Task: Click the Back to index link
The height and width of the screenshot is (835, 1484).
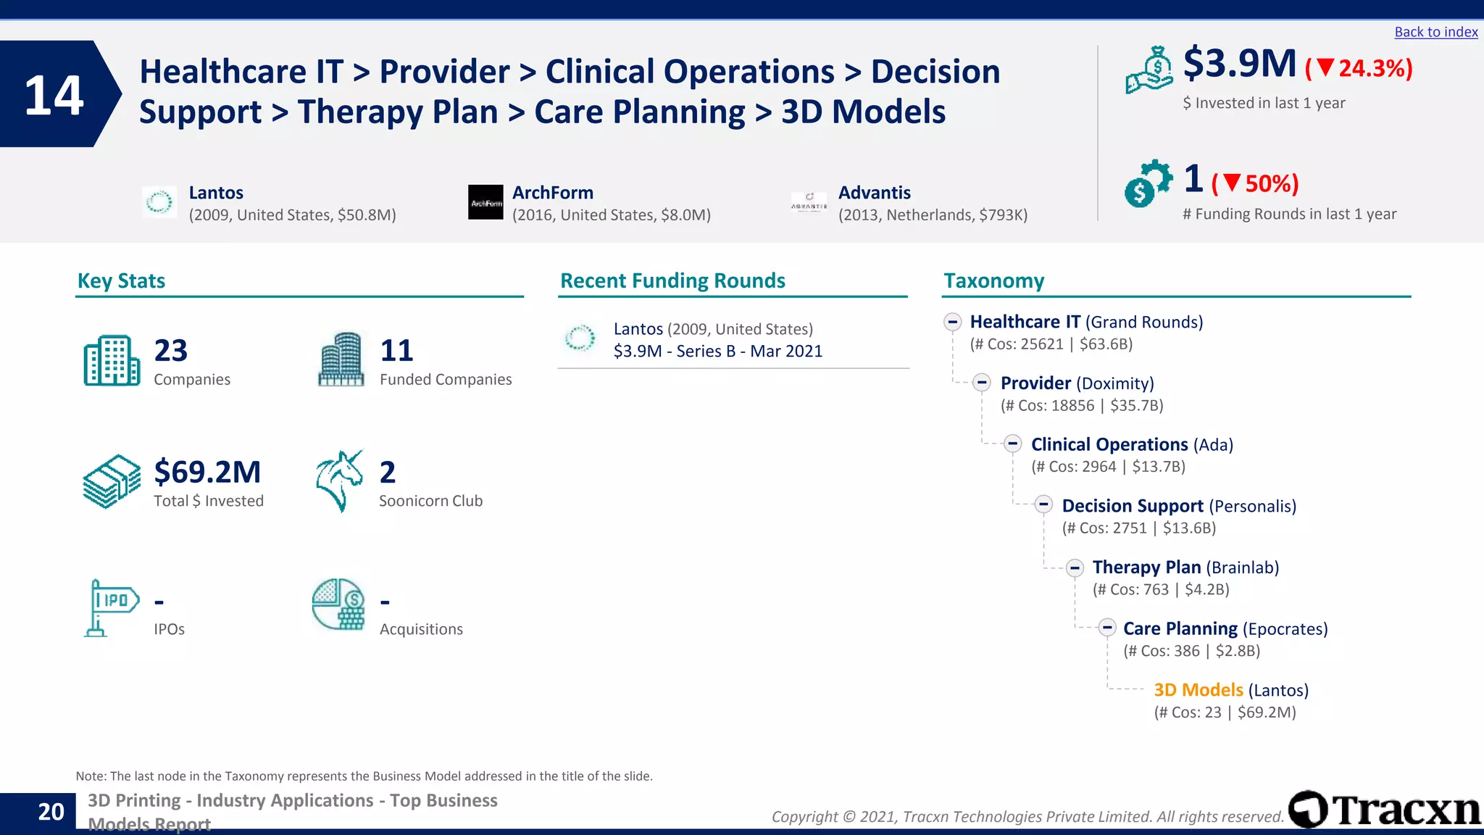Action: pos(1435,32)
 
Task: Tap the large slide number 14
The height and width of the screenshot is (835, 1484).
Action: pos(54,95)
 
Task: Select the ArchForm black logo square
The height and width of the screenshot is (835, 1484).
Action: pos(485,202)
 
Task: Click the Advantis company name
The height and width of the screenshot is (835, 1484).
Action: pos(874,193)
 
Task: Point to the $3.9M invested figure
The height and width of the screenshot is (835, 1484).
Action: pos(1239,64)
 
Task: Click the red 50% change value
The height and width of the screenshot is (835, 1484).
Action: pos(1271,184)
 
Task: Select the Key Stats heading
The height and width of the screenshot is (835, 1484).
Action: pos(121,281)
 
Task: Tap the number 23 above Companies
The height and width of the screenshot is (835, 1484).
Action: pos(171,351)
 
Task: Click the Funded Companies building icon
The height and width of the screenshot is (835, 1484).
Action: pos(341,360)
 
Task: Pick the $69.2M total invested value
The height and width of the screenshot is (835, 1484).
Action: pos(207,472)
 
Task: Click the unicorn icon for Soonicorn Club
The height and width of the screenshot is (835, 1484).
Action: pos(339,481)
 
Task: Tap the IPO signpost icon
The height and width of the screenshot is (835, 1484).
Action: pos(111,607)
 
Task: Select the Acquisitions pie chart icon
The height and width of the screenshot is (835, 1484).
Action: pos(338,605)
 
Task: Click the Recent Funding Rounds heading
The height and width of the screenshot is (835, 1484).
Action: pos(672,281)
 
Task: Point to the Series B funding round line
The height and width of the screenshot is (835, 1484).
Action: pos(717,352)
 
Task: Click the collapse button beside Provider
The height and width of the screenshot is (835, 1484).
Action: pos(982,383)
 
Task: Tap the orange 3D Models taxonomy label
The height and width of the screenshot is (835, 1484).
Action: pos(1198,690)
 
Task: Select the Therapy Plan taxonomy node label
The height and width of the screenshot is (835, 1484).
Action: pos(1146,568)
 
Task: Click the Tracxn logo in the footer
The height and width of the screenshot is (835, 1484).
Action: pos(1384,810)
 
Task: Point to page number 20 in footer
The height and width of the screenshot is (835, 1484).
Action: pos(51,812)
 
